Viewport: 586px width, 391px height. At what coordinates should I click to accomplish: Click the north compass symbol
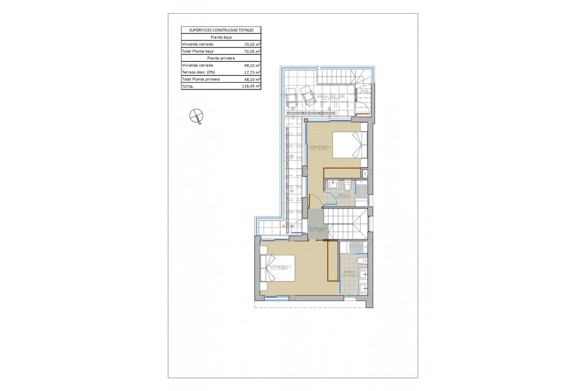[196, 116]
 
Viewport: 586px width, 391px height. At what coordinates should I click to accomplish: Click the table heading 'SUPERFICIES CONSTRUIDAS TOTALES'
[221, 30]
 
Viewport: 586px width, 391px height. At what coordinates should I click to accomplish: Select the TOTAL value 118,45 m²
[251, 86]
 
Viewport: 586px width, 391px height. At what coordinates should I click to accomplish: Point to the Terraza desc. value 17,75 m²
[252, 72]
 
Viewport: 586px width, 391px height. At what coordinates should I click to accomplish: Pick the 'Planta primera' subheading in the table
[221, 58]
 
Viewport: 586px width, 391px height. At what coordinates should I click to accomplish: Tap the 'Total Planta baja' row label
[198, 51]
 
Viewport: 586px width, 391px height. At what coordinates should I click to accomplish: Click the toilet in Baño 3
[348, 186]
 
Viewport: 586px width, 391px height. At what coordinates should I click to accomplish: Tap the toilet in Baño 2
[361, 261]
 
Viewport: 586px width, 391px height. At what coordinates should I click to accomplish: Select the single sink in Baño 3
[333, 185]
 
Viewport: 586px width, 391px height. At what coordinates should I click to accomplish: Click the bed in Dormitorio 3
[350, 145]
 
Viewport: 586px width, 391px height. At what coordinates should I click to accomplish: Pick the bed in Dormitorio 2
[277, 268]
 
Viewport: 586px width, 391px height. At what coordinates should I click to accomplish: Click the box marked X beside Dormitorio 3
[365, 174]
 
